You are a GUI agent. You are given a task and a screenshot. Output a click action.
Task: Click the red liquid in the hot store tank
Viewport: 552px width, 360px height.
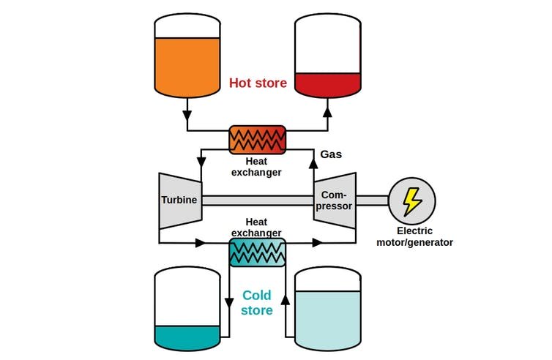click(x=327, y=85)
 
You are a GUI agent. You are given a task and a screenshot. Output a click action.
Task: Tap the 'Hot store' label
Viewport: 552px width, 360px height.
click(x=258, y=83)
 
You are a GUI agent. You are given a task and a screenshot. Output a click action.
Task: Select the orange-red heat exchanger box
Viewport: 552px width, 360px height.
click(x=257, y=137)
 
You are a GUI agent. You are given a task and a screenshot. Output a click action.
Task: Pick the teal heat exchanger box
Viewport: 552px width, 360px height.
click(x=257, y=252)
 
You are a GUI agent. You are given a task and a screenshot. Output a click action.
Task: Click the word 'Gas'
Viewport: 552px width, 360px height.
click(x=332, y=155)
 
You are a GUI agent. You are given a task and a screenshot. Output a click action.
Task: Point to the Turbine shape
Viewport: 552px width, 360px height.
click(x=180, y=199)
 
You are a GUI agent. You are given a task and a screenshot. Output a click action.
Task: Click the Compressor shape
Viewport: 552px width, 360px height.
click(x=335, y=200)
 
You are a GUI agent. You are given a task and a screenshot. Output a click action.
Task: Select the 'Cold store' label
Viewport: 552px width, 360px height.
click(x=257, y=303)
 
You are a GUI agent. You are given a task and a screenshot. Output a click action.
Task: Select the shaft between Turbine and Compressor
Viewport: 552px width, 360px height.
click(x=257, y=200)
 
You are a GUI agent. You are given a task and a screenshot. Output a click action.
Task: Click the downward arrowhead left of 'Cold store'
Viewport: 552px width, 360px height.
click(x=229, y=299)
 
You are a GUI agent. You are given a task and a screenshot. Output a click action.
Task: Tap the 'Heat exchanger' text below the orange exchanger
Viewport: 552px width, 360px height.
click(x=258, y=168)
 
